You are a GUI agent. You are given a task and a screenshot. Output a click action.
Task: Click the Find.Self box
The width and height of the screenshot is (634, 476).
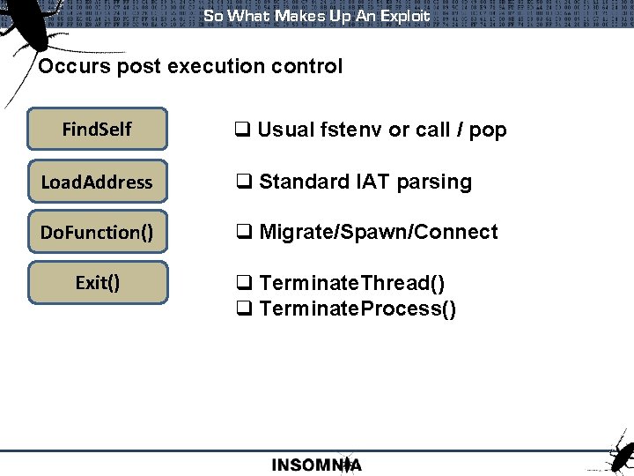pos(97,130)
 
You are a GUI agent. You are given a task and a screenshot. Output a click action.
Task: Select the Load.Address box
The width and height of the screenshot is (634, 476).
pos(97,182)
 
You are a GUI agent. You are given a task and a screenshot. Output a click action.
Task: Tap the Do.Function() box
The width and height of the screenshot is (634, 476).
pos(97,232)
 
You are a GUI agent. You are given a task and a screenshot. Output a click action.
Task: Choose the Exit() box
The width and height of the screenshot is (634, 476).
pos(97,282)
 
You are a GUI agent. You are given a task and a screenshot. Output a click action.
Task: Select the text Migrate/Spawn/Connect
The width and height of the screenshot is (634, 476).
pos(379,233)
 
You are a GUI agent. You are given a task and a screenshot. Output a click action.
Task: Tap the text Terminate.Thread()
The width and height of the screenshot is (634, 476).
pos(352,283)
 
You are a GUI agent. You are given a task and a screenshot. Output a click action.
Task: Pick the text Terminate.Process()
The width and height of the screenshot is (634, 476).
pos(358,309)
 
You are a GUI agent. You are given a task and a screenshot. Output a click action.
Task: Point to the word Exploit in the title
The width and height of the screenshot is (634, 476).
pos(405,16)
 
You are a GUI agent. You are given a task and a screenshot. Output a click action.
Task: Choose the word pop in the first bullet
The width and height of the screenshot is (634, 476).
pos(488,130)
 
